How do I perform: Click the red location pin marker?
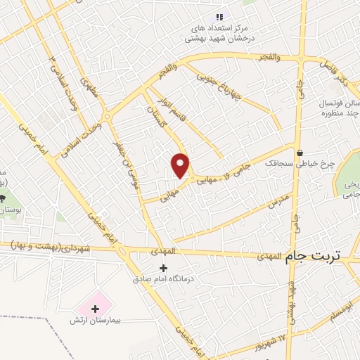point(181,165)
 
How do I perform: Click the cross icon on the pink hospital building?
point(95,308)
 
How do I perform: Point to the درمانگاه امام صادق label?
point(163,278)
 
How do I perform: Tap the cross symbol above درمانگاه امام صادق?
point(164,267)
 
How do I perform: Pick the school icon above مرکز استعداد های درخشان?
point(219,16)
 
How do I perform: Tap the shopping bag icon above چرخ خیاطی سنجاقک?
point(300,153)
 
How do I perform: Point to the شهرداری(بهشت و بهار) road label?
point(59,247)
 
